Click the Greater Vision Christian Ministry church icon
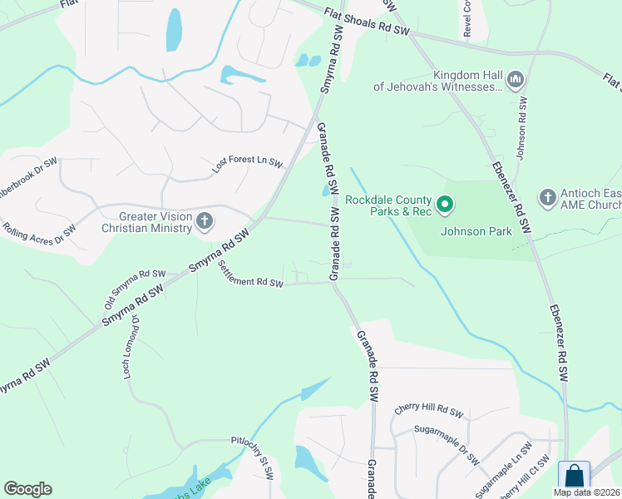coord(205,220)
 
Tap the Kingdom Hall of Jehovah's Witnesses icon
coord(515,80)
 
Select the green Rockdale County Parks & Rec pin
coord(445,204)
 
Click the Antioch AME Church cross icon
coord(547,197)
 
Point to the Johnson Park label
coord(476,231)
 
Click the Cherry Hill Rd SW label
coord(428,411)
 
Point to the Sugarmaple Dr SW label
coord(447,444)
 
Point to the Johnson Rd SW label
coord(523,129)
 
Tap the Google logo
coord(27,489)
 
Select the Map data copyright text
coord(587,492)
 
